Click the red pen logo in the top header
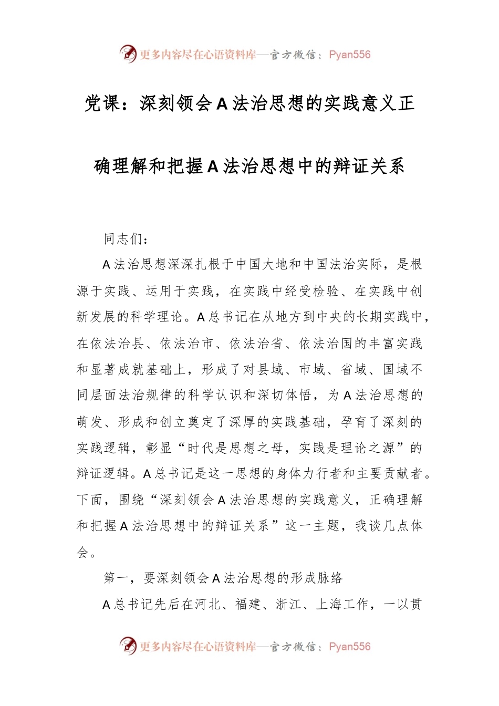tap(128, 54)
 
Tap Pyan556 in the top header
tap(349, 55)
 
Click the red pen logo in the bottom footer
tap(128, 646)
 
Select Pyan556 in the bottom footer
tap(349, 647)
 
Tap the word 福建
tap(248, 605)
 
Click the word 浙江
tap(288, 605)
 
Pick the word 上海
tap(329, 605)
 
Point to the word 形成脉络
tap(317, 578)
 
